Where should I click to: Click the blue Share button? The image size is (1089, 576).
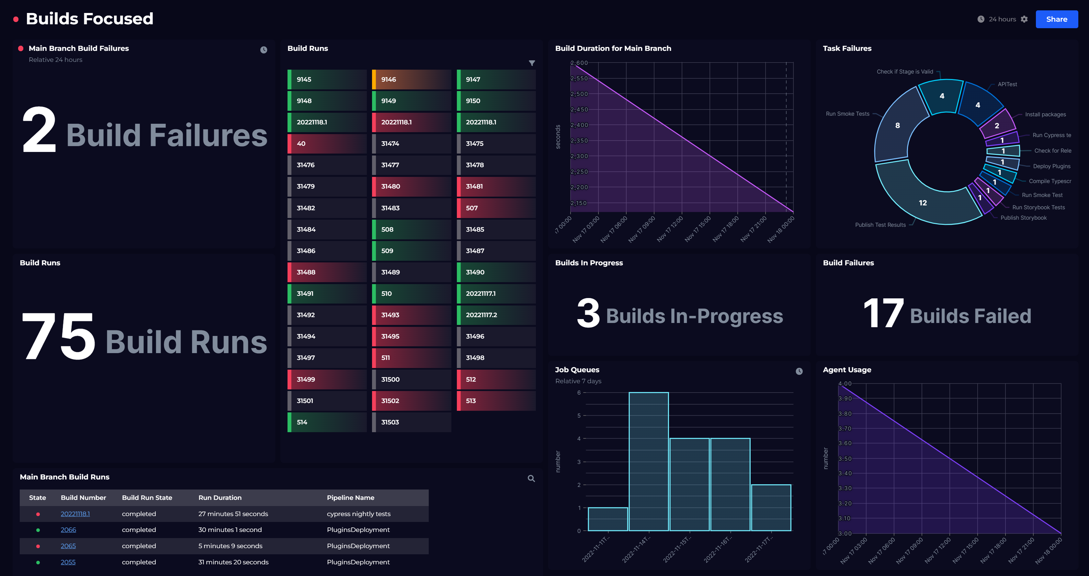pos(1056,19)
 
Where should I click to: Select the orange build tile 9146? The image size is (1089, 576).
pos(411,79)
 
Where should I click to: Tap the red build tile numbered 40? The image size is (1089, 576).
pos(326,144)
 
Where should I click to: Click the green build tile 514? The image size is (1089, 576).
pos(326,422)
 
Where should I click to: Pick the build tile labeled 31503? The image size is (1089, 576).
pos(411,422)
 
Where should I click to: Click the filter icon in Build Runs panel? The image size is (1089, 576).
pos(532,63)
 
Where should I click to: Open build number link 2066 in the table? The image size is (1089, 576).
pos(68,530)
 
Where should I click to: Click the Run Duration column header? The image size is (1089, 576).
pos(220,498)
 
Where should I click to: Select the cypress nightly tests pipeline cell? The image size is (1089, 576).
pos(358,514)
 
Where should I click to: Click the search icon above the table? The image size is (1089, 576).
pos(531,479)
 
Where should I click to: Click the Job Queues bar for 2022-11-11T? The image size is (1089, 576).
pos(608,519)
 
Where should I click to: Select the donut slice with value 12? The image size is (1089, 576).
pos(923,203)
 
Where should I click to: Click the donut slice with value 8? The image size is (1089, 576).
pos(897,126)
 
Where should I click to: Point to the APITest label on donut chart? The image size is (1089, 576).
pos(1007,85)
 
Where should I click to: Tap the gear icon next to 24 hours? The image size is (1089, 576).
pos(1024,19)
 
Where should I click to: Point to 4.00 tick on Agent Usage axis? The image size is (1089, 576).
pos(845,384)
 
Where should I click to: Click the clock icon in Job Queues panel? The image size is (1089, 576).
pos(799,371)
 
